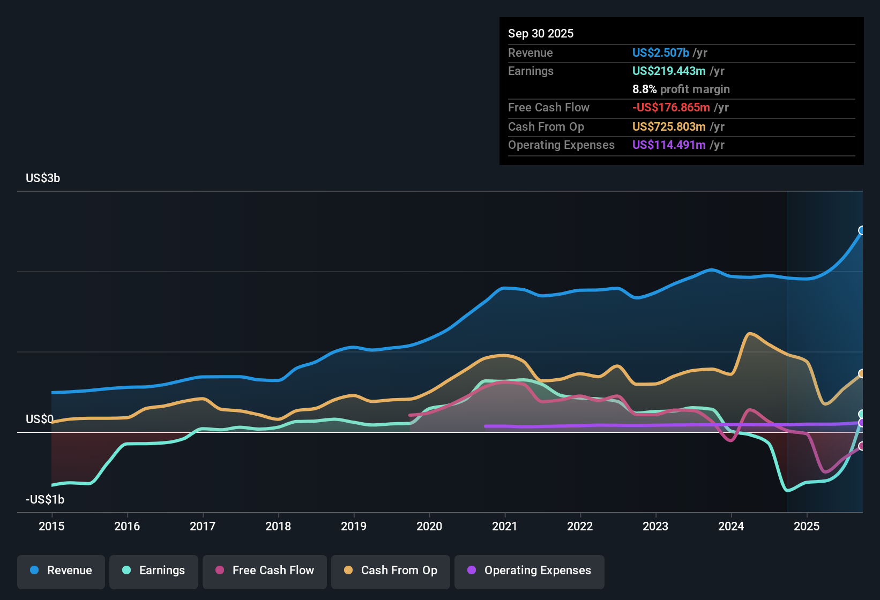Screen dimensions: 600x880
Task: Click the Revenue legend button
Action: coord(61,571)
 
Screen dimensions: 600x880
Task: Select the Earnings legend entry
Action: coord(154,571)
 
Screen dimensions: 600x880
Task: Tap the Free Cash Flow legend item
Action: coord(265,571)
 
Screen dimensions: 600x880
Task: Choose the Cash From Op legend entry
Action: coord(391,571)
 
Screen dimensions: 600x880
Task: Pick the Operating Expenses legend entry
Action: coord(530,571)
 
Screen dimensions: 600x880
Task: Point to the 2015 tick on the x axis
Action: coord(51,526)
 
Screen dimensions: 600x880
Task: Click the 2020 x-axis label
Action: coord(429,526)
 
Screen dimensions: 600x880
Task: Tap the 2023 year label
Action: coord(655,526)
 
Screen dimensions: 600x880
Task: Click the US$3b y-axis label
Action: coord(43,178)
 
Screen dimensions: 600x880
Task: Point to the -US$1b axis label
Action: coord(45,499)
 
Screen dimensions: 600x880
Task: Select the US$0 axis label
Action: coord(39,419)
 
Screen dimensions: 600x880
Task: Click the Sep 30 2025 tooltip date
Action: coord(541,33)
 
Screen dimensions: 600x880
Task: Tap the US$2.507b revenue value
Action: coord(660,52)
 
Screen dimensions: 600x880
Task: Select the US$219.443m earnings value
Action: coord(668,71)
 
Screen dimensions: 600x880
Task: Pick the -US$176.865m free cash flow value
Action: coord(671,107)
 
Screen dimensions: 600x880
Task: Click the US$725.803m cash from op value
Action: coord(668,126)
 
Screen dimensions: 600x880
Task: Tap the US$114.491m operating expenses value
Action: coord(668,145)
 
